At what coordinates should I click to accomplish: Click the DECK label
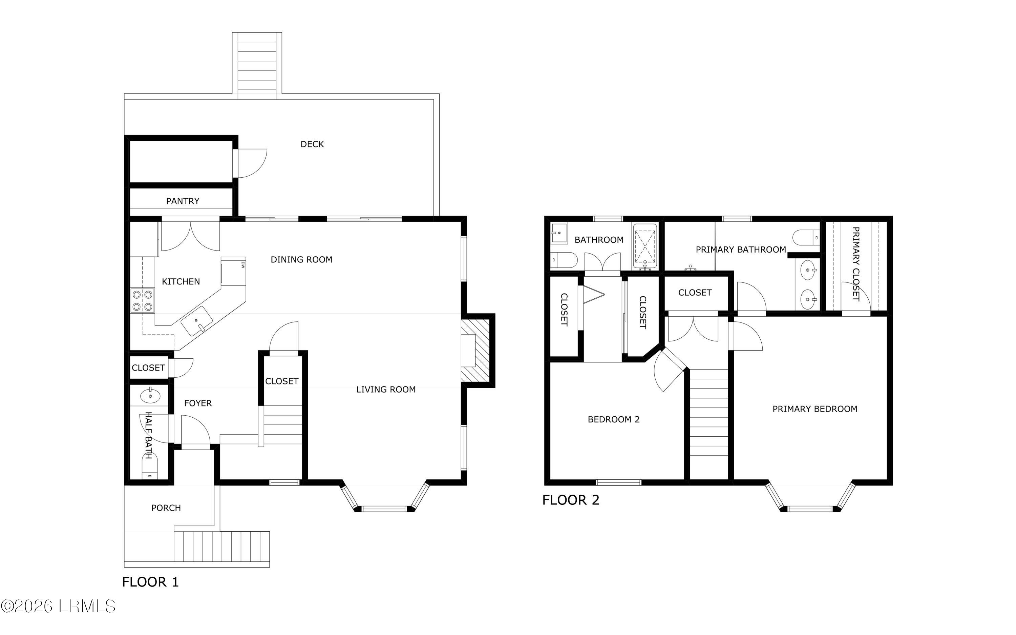click(x=312, y=144)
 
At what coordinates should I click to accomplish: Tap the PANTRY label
click(x=183, y=201)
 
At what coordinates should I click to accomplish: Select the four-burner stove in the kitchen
click(x=142, y=301)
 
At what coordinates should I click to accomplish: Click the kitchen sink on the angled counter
click(x=197, y=321)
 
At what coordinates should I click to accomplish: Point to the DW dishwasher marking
click(x=243, y=264)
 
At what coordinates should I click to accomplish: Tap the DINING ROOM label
click(x=301, y=260)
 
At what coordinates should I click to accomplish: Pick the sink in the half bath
click(x=150, y=395)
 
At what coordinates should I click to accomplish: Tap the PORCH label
click(x=166, y=508)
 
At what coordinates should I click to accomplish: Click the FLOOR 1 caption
click(x=150, y=582)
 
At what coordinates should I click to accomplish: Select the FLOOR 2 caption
click(x=571, y=500)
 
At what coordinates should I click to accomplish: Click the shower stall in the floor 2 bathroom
click(x=645, y=247)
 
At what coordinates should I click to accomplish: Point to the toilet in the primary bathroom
click(x=806, y=237)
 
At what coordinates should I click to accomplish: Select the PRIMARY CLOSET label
click(x=856, y=264)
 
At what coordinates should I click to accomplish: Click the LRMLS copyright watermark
click(x=58, y=607)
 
